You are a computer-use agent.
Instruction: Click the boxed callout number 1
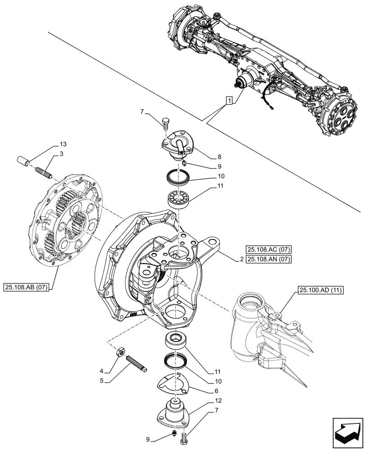tap(229, 101)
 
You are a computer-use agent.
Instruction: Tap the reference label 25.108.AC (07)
tap(268, 249)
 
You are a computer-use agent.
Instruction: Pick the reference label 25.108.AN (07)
tap(268, 259)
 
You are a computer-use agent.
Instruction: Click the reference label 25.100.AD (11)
tap(320, 291)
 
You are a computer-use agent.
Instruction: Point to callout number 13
tap(63, 144)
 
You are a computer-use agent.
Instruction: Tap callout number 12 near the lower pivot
tap(219, 400)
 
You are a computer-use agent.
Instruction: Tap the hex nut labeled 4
tap(121, 352)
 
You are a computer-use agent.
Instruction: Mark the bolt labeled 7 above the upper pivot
tap(165, 122)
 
